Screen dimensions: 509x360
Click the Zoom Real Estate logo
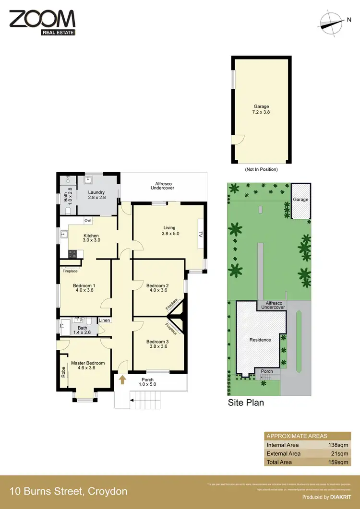[42, 22]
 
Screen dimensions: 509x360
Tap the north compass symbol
[331, 22]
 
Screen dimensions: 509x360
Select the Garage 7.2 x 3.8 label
[262, 109]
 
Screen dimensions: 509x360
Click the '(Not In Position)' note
[262, 169]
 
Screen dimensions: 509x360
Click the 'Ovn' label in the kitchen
[88, 221]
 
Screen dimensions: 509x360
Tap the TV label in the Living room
[201, 235]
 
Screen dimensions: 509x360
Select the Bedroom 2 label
[157, 287]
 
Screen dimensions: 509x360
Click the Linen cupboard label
[105, 320]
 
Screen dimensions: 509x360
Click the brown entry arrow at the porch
[122, 380]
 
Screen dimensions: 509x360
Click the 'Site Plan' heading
[246, 402]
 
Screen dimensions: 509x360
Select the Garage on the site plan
[301, 200]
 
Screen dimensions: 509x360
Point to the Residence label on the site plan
[261, 340]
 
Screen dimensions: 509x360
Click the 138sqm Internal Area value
[337, 445]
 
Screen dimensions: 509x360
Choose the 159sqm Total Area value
[337, 462]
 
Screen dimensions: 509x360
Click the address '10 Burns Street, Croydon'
[69, 491]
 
